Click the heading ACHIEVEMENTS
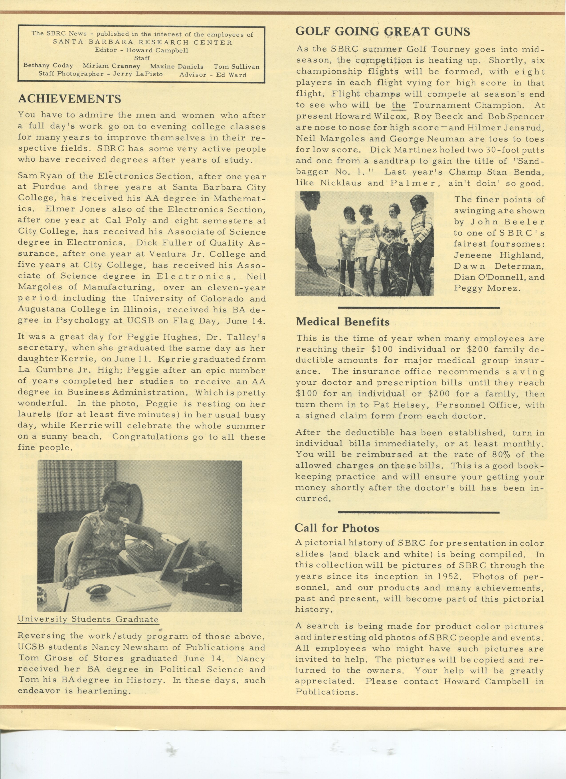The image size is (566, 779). pos(69,99)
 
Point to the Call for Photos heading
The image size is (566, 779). pos(336,528)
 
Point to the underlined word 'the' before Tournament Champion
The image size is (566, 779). pos(398,105)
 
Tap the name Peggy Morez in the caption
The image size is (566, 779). pos(486,288)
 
